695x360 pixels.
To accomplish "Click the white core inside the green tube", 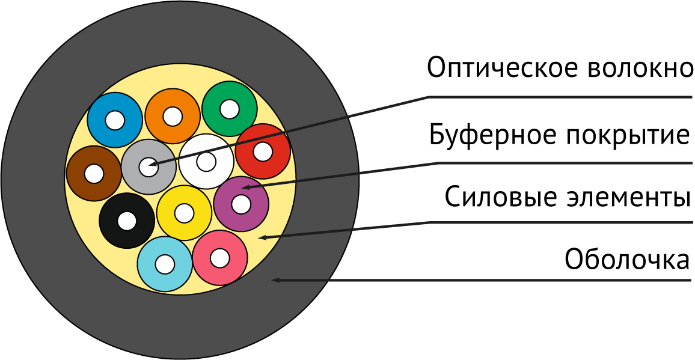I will [x=230, y=109].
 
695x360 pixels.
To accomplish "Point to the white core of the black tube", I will [x=127, y=221].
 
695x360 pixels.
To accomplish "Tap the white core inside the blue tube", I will [x=115, y=120].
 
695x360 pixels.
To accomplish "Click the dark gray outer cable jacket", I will [x=36, y=180].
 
